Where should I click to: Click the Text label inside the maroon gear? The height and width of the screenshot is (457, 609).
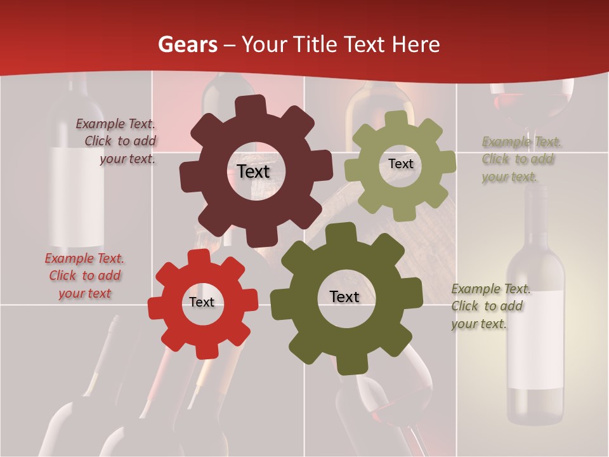253,171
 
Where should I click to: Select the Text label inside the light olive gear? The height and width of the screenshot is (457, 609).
400,164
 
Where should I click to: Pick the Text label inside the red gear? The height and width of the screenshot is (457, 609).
202,303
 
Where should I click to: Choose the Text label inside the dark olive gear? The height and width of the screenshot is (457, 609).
344,297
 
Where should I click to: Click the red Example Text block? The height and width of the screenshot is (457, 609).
84,275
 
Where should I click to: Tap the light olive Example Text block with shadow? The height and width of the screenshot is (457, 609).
521,159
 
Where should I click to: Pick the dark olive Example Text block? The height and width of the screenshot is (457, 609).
490,306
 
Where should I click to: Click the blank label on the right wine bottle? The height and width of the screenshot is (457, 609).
536,343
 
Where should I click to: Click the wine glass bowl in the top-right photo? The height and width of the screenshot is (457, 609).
531,102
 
